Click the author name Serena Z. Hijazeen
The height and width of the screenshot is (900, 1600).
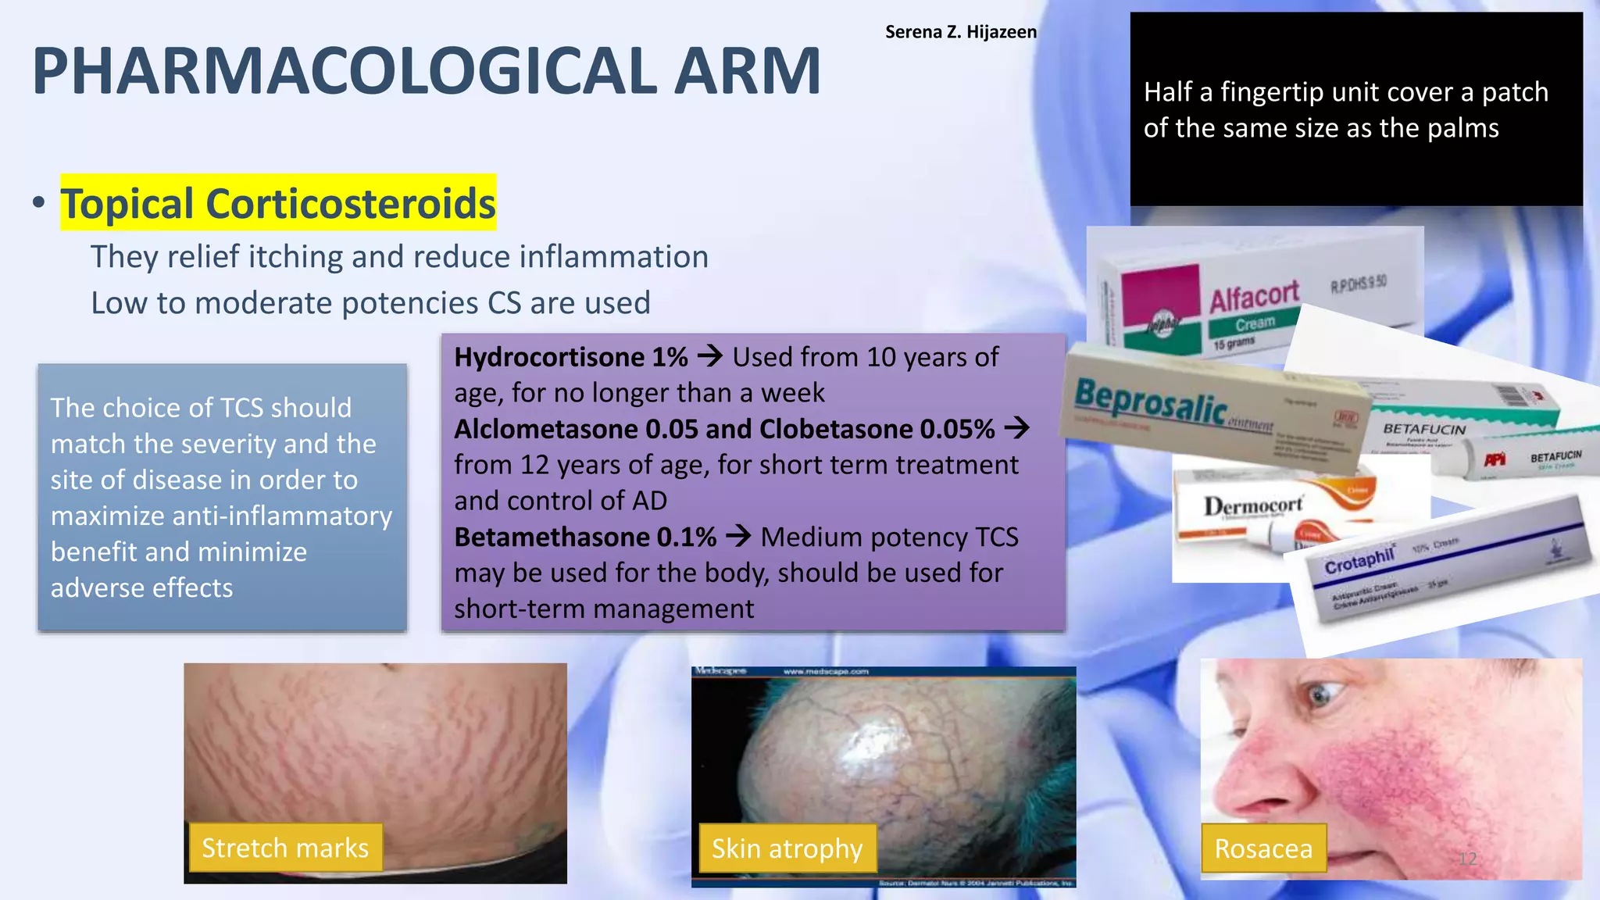coord(960,32)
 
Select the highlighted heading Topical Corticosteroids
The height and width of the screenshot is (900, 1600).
coord(278,203)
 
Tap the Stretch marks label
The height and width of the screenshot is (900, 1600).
coord(285,848)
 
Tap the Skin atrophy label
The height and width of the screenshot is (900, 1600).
coord(787,848)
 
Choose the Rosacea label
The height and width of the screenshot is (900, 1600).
coord(1263,848)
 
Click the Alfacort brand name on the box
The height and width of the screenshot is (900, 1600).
coord(1253,297)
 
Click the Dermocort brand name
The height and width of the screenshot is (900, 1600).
coord(1252,506)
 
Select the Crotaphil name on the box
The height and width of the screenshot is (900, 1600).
coord(1359,560)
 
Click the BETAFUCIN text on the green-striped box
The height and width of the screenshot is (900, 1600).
coord(1423,429)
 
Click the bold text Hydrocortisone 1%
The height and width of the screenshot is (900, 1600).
coord(570,357)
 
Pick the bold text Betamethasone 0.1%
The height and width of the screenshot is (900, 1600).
coord(584,537)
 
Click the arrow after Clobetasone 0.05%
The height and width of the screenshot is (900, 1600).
coord(1016,428)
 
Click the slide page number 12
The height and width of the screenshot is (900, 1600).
coord(1467,859)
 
